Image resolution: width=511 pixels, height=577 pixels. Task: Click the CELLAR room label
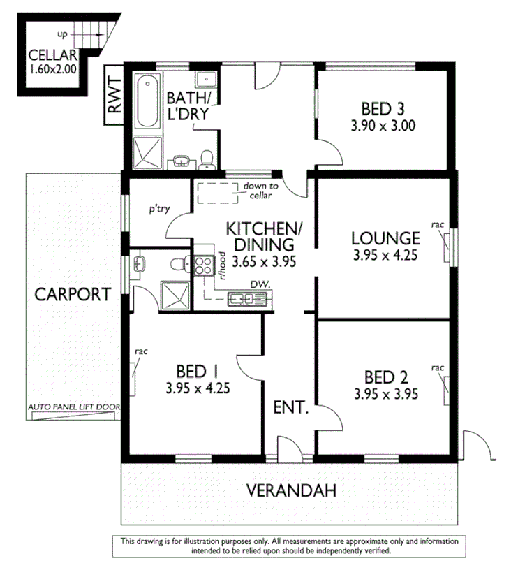[52, 55]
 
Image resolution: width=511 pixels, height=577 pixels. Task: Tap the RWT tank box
[114, 94]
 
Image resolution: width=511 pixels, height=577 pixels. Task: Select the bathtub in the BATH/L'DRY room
[146, 103]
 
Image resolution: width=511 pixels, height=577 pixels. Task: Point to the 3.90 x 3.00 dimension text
[383, 126]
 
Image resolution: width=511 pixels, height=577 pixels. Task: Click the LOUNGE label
[385, 238]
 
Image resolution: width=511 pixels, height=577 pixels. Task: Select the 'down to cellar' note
[260, 191]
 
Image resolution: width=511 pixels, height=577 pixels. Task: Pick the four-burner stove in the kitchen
[204, 265]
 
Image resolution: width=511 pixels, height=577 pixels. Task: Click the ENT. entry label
[290, 407]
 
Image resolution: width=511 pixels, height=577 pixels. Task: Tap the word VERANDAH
[291, 490]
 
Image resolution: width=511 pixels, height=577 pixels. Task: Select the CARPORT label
[73, 294]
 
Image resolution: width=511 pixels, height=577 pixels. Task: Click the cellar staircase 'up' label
[62, 33]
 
